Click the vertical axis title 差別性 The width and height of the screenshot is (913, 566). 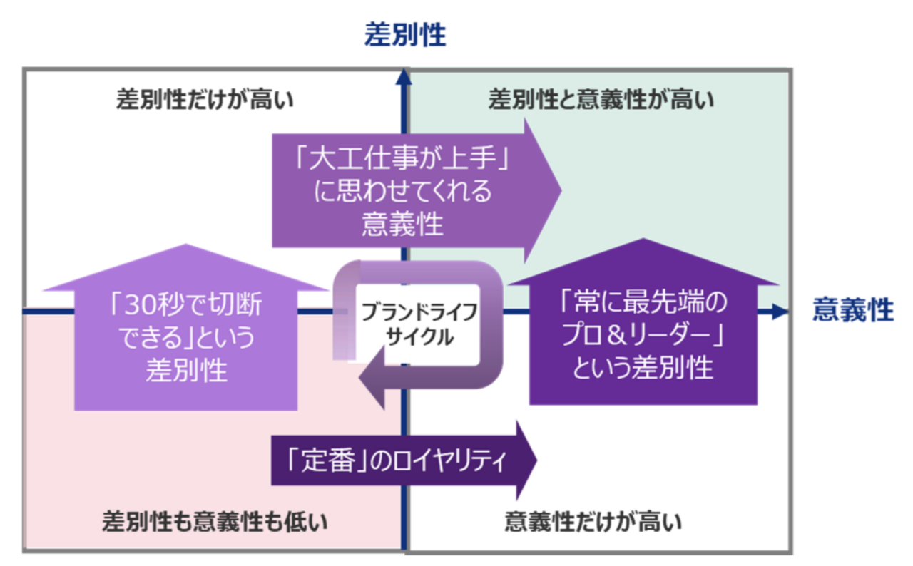coord(405,35)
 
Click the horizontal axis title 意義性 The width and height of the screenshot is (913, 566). coord(852,311)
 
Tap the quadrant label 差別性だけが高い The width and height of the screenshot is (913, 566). coord(205,100)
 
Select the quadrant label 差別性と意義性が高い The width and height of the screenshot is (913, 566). coord(601,100)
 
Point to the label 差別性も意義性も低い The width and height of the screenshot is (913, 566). coord(215,522)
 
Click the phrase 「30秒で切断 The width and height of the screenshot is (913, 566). coord(186,307)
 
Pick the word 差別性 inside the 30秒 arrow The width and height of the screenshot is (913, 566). coord(186,371)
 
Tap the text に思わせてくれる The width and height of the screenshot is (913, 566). coord(403,191)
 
